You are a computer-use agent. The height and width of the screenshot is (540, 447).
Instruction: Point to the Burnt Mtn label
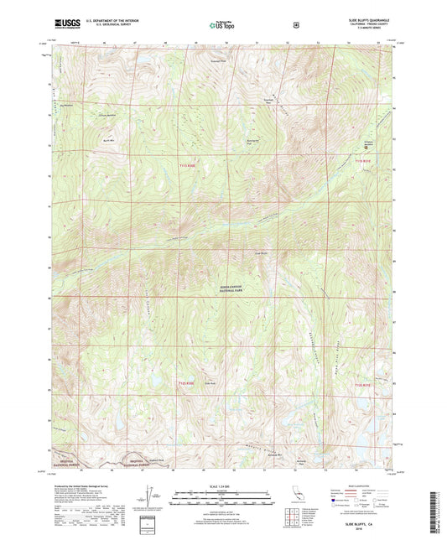107,140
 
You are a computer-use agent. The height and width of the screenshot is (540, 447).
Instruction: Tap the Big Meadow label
68,106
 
